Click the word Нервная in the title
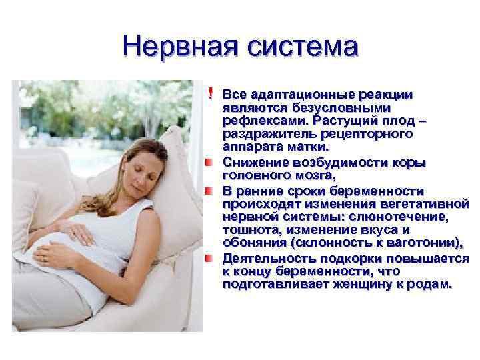[x=180, y=47]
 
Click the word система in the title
[x=303, y=47]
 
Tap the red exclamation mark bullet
[x=211, y=93]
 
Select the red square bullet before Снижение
[x=209, y=162]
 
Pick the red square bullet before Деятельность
[x=209, y=259]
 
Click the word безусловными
[x=341, y=108]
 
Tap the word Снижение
[x=255, y=162]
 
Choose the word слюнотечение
[x=398, y=217]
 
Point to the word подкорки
[x=351, y=259]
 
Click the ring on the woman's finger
[x=44, y=259]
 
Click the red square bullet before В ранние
[x=209, y=191]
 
